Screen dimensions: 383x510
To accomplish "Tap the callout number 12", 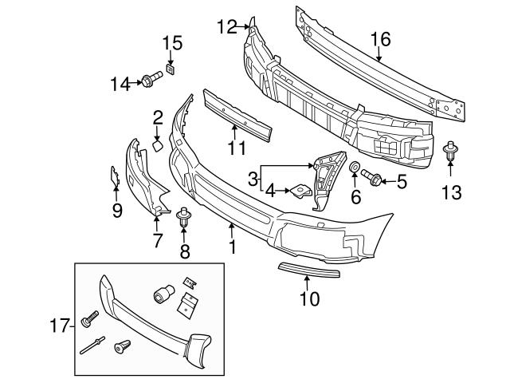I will coord(226,28).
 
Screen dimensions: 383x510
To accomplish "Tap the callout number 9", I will coord(117,210).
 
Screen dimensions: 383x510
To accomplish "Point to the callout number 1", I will coord(232,247).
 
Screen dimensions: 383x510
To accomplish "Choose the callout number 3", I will coord(253,180).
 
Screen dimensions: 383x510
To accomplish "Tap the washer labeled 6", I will coord(355,168).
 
